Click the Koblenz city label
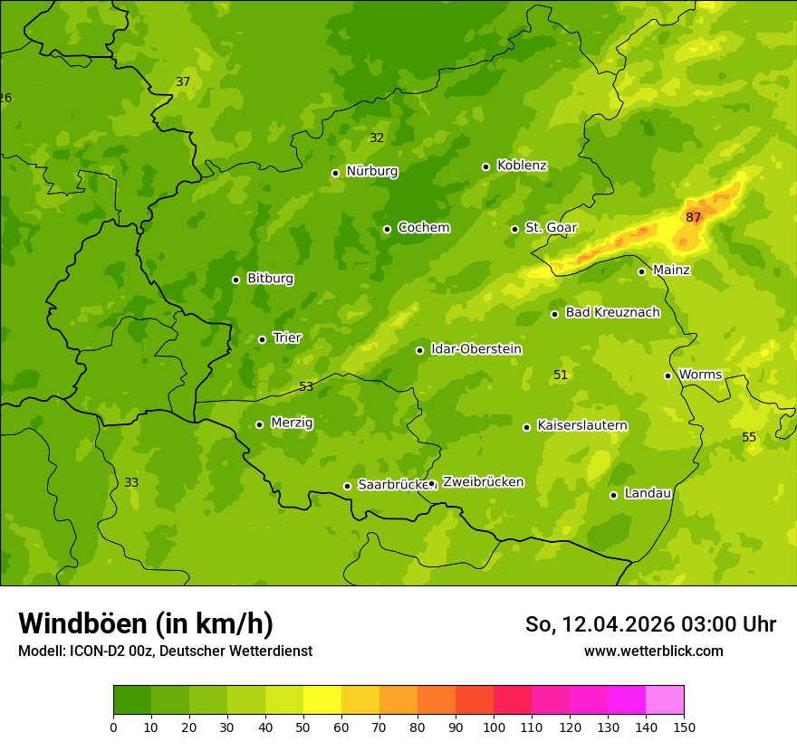(x=522, y=166)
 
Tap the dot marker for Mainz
(x=641, y=271)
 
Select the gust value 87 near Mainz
(x=694, y=217)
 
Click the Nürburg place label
(x=371, y=171)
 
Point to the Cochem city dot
(x=387, y=229)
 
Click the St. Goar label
(x=551, y=228)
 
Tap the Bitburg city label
(x=270, y=279)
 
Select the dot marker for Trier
(x=262, y=339)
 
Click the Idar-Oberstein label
(x=475, y=349)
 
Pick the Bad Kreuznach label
(x=612, y=312)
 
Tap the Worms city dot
(x=667, y=375)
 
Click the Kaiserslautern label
(x=582, y=425)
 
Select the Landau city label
(x=648, y=493)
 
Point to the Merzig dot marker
(x=259, y=424)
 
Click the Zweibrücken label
(x=483, y=482)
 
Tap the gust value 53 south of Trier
(x=306, y=386)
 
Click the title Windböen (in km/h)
(x=146, y=623)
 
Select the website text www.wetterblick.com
(x=653, y=651)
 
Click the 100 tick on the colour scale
(x=494, y=727)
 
